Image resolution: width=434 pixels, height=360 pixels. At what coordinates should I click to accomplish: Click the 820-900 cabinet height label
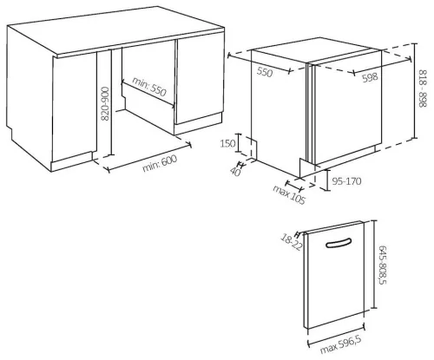105,104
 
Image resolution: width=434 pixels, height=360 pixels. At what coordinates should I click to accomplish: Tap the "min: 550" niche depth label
149,87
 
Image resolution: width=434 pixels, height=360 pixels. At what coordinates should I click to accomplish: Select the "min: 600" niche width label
160,163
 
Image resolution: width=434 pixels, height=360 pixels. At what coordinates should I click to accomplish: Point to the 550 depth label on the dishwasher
265,72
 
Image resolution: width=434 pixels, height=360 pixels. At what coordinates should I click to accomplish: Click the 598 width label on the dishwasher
370,77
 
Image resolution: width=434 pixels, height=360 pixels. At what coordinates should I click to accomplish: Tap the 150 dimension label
227,143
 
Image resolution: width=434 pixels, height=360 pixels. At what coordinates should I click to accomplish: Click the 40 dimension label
235,172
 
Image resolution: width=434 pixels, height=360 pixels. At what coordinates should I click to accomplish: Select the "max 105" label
289,194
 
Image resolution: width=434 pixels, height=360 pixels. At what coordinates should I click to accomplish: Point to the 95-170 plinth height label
346,181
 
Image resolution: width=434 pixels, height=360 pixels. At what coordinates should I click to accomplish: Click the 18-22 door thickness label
292,242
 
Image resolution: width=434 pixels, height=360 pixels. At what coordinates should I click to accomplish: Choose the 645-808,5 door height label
382,265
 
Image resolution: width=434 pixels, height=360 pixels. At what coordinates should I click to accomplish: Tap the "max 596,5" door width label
341,344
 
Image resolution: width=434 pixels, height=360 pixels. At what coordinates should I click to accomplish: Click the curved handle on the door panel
339,244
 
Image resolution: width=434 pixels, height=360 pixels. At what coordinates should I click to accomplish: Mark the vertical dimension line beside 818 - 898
415,90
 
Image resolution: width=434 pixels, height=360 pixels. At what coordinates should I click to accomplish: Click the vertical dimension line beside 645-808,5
374,265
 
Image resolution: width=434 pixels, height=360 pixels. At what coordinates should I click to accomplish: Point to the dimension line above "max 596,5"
336,336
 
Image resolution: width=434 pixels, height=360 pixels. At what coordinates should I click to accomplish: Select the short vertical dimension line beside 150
239,143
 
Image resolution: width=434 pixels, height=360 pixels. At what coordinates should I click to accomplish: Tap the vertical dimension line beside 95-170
327,180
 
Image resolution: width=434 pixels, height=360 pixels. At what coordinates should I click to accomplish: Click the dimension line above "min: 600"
149,157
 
